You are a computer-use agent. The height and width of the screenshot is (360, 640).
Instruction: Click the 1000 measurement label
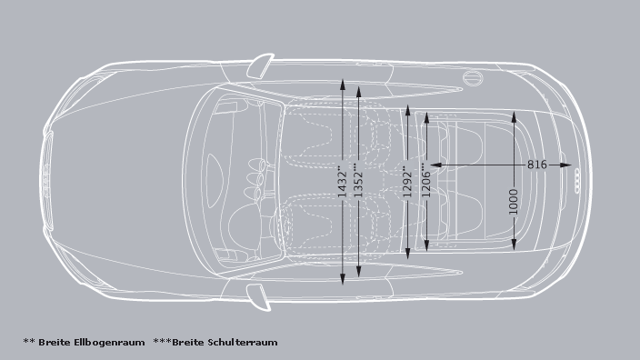point(515,202)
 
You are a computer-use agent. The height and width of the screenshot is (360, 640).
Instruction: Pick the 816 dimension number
point(536,165)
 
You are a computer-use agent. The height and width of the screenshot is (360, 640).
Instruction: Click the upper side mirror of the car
point(261,65)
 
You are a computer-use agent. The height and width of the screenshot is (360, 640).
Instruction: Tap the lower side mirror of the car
point(259,295)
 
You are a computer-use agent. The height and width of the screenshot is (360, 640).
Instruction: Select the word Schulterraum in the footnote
point(242,343)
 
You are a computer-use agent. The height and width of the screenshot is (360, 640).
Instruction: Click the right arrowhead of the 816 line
point(572,165)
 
